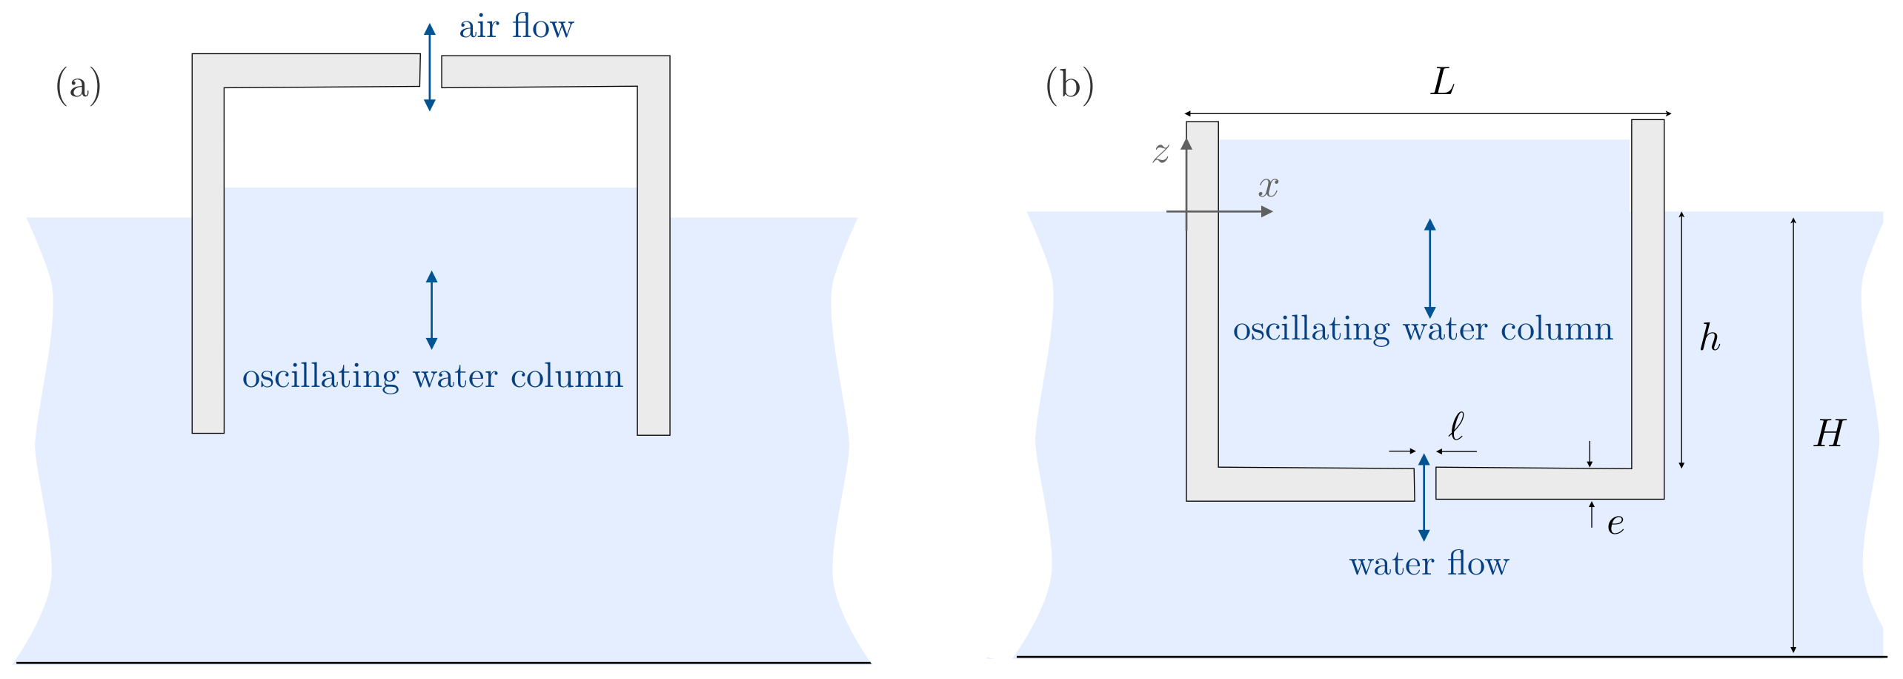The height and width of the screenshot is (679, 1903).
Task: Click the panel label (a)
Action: click(x=78, y=85)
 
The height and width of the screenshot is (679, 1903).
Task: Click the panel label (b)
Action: click(x=1069, y=85)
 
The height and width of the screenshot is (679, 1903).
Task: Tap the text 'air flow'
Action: click(x=516, y=27)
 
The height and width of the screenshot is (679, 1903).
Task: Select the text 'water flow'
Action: click(x=1429, y=564)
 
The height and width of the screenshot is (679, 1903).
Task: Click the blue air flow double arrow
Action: click(x=430, y=67)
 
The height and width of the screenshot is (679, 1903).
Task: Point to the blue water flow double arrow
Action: click(x=1424, y=497)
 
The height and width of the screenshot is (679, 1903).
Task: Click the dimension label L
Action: click(x=1442, y=82)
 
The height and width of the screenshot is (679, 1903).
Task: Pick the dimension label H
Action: click(x=1829, y=434)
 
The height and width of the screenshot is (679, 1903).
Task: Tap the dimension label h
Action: click(x=1710, y=338)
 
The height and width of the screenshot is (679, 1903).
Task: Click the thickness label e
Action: click(x=1615, y=524)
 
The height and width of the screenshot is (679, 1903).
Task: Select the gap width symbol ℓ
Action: click(x=1456, y=426)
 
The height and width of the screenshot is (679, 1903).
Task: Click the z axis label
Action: click(x=1160, y=153)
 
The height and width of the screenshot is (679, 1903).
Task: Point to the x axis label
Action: click(x=1268, y=186)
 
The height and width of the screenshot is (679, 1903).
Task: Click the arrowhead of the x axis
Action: click(x=1267, y=212)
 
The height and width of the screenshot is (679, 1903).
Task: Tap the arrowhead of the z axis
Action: click(x=1186, y=143)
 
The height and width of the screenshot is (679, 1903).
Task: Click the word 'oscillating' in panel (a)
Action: click(x=320, y=377)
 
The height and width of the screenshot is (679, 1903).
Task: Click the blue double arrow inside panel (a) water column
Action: click(x=432, y=310)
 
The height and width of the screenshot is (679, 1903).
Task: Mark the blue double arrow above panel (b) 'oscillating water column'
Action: click(x=1430, y=268)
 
